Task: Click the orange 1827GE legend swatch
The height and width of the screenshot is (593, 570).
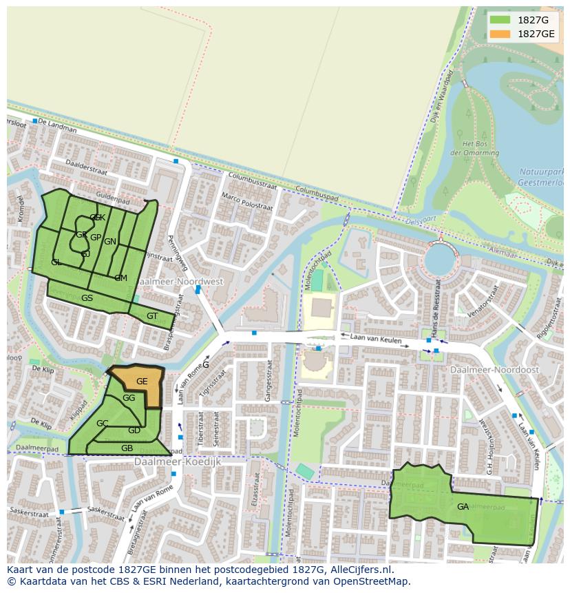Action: click(x=501, y=34)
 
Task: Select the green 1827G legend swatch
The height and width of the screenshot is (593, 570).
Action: click(x=501, y=20)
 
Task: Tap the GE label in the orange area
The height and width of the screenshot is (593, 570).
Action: click(x=142, y=381)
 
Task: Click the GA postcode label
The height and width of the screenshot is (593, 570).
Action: click(x=463, y=506)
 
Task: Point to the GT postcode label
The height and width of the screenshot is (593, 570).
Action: click(x=152, y=316)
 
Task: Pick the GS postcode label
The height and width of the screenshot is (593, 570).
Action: click(x=87, y=298)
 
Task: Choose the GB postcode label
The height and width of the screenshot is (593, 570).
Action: click(x=127, y=448)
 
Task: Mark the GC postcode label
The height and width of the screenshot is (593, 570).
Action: click(x=102, y=423)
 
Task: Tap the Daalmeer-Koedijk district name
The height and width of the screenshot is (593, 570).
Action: click(x=178, y=461)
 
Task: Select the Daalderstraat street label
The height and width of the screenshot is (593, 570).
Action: click(x=87, y=165)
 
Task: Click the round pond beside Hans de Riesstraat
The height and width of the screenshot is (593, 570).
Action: click(x=440, y=261)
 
